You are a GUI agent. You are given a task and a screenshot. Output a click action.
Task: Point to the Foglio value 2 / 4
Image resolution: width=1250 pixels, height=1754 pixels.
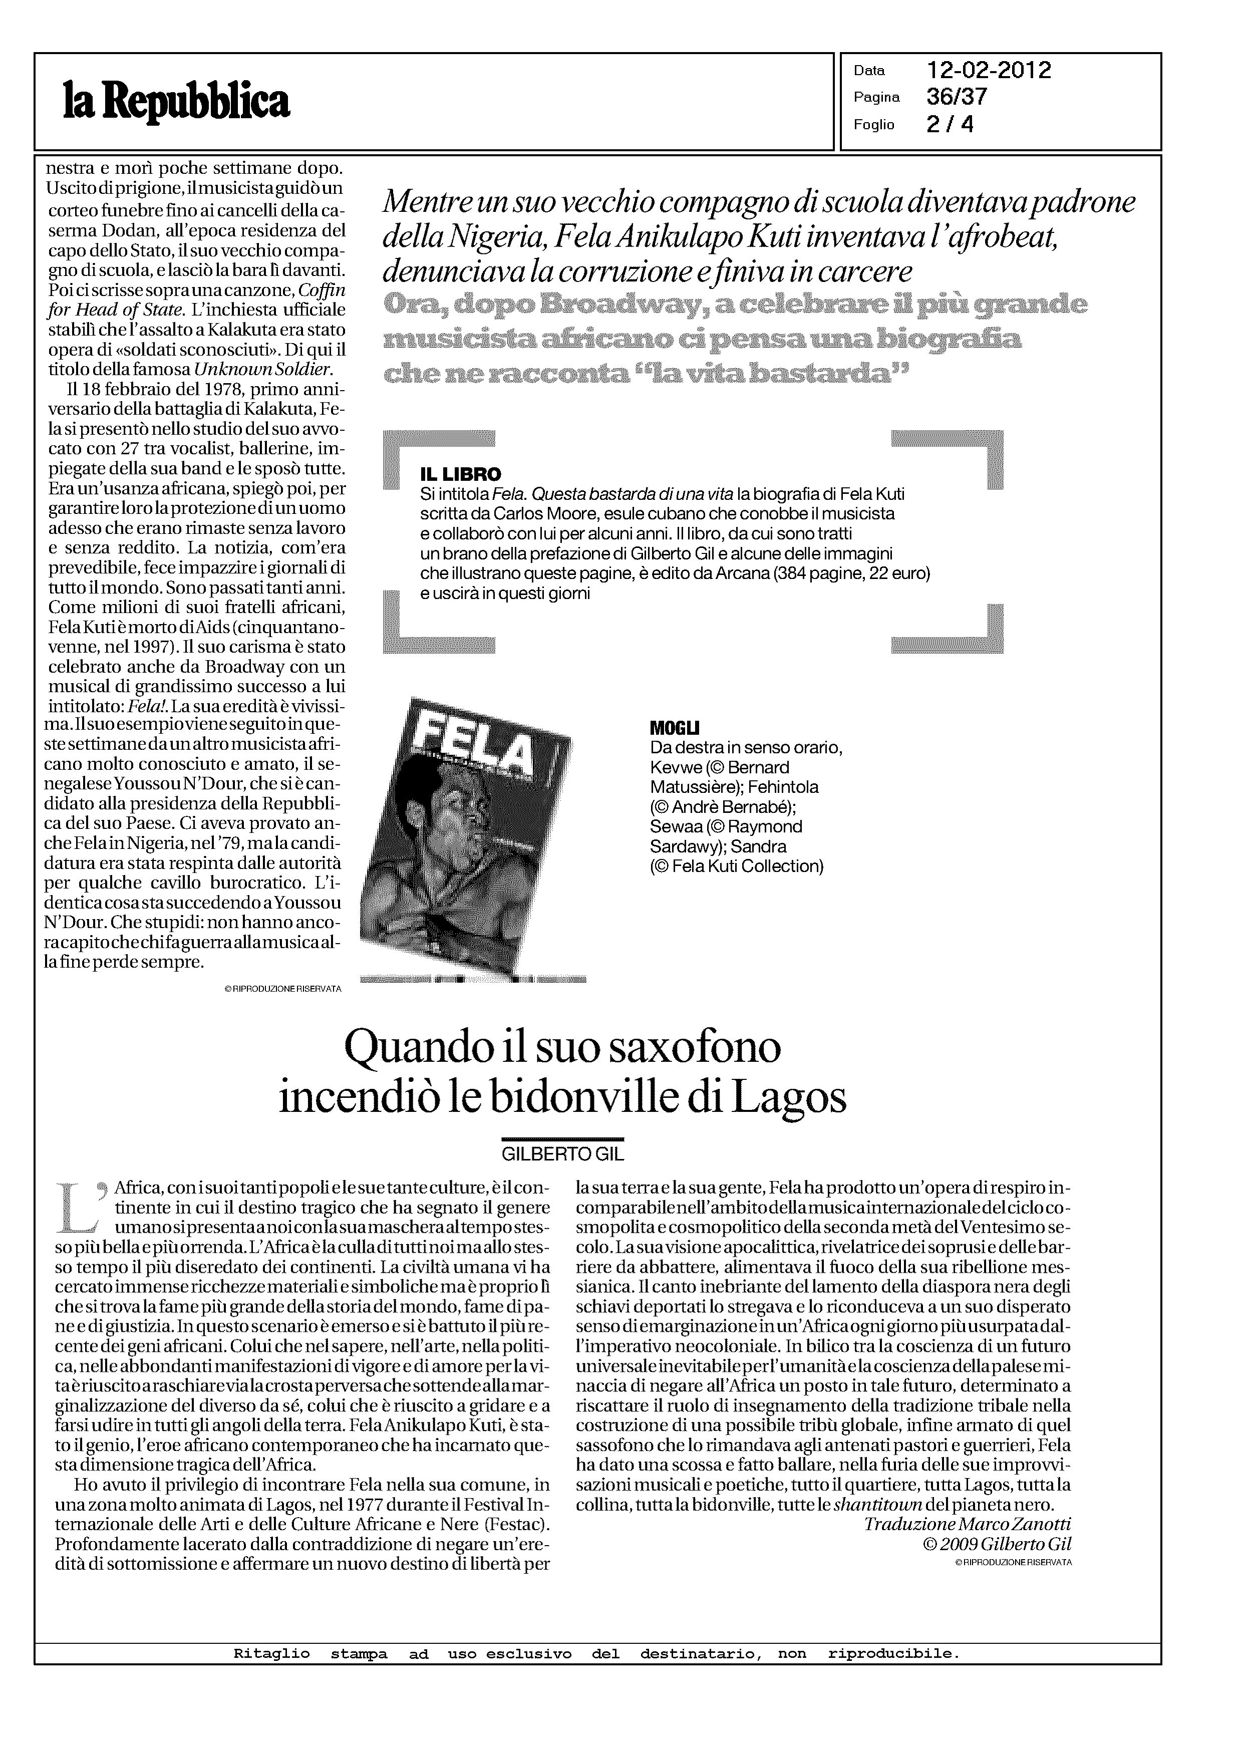(950, 124)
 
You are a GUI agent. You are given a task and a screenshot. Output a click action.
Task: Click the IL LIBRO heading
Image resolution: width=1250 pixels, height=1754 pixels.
(460, 474)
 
